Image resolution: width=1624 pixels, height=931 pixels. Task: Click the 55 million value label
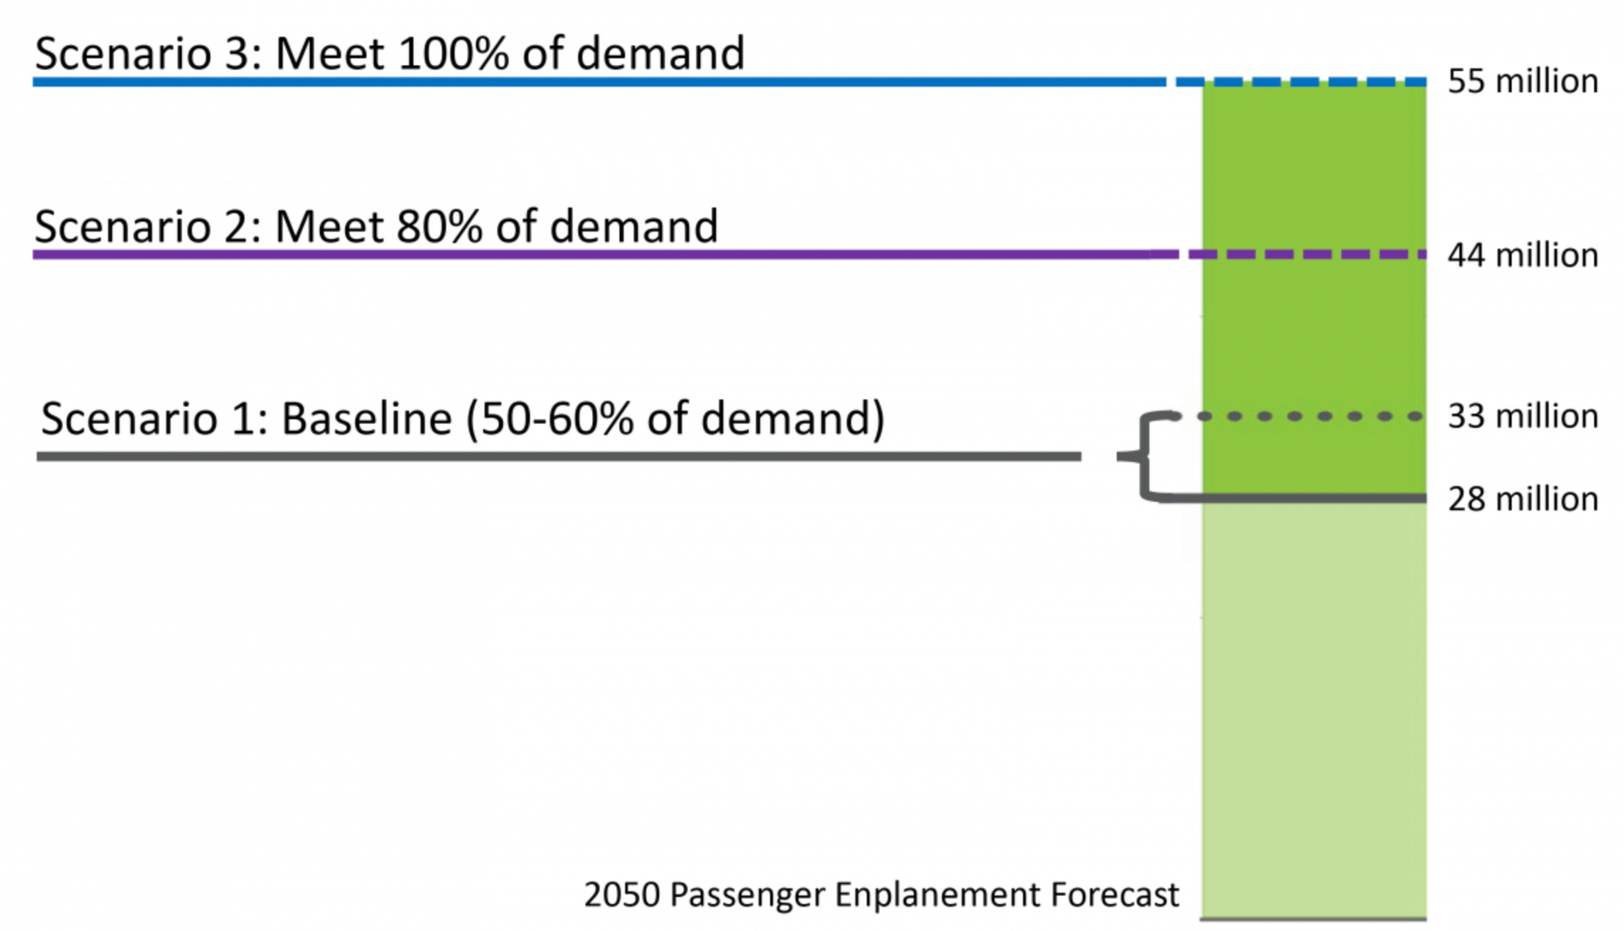pos(1522,81)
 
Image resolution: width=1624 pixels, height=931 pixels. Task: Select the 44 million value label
pos(1522,255)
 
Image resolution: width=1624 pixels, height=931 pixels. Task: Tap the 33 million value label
pos(1522,416)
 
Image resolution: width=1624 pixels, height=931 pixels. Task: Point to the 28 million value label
pos(1522,499)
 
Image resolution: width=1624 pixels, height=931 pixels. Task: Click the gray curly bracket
pos(1145,457)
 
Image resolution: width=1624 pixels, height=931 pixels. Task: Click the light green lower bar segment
pos(1313,707)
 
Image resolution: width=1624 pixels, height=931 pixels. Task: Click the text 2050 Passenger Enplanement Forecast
pos(881,894)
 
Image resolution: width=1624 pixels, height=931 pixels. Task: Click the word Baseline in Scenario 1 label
pos(366,419)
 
